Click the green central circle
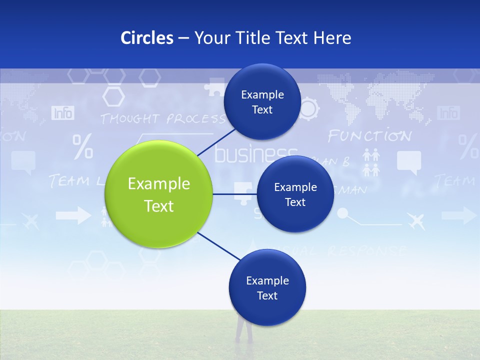click(x=158, y=194)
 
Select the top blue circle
click(x=262, y=102)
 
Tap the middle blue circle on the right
click(x=295, y=194)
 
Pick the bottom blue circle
click(x=267, y=288)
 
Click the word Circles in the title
click(x=147, y=37)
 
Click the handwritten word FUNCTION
click(x=369, y=136)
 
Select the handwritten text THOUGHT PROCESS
click(x=162, y=119)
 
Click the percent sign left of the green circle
click(x=82, y=146)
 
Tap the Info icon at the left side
click(x=63, y=113)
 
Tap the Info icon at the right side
click(x=448, y=113)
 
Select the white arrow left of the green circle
click(x=73, y=216)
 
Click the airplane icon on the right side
click(x=416, y=220)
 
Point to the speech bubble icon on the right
click(x=408, y=162)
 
